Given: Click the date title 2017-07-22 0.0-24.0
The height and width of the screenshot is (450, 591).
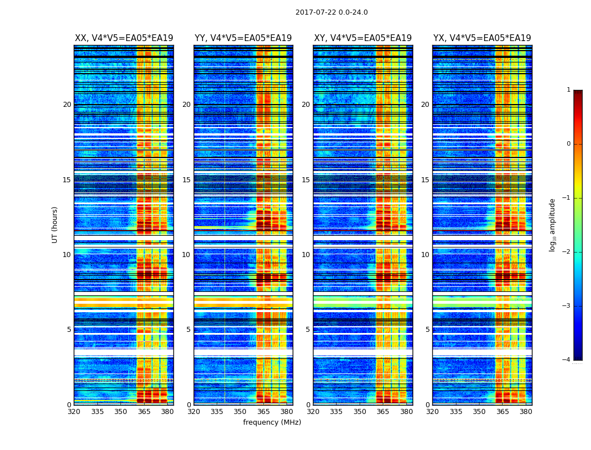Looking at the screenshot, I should click(x=332, y=12).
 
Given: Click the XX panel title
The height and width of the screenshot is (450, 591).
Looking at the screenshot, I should click(x=124, y=38).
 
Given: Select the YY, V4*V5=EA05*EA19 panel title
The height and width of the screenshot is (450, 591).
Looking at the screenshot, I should click(x=243, y=38).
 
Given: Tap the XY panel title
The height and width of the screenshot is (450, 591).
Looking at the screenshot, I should click(x=362, y=38).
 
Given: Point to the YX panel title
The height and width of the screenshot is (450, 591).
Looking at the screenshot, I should click(x=482, y=38).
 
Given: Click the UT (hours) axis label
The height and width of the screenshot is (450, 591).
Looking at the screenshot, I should click(x=55, y=224).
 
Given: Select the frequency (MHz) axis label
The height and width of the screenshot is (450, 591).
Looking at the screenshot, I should click(x=272, y=422).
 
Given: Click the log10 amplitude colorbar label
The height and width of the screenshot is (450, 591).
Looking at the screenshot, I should click(x=553, y=224).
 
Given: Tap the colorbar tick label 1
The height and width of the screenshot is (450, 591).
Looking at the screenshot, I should click(x=568, y=90).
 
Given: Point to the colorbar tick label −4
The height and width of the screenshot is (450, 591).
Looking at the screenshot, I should click(x=567, y=360).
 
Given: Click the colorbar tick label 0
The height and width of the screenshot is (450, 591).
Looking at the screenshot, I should click(x=568, y=144).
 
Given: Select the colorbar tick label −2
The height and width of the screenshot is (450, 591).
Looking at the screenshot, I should click(x=567, y=252).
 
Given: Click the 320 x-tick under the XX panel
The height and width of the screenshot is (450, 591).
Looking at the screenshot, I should click(x=74, y=412).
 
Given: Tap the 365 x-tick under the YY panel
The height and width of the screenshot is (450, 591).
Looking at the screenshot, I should click(x=263, y=412).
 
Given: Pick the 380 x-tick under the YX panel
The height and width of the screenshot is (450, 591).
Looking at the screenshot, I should click(x=526, y=412).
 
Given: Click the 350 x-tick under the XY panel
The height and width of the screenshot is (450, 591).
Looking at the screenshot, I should click(x=360, y=412).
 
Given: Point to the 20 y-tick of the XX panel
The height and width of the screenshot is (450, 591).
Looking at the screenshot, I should click(x=67, y=105).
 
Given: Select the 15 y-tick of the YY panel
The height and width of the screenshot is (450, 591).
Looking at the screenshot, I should click(x=186, y=180).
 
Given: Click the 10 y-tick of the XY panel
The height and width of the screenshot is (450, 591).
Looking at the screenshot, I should click(x=306, y=255).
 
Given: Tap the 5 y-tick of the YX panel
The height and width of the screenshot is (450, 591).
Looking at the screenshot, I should click(x=427, y=330).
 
